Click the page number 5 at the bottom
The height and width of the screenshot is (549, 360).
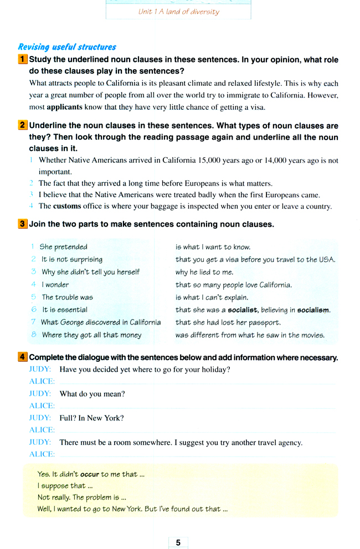[178, 542]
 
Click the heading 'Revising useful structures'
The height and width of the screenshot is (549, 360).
[67, 47]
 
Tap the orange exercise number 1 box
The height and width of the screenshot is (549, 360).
[22, 59]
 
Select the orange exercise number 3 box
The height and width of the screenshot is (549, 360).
[22, 224]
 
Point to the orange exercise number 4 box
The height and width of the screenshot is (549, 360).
[22, 357]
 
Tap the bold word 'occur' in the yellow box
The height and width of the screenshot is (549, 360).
[90, 474]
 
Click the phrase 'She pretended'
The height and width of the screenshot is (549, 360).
[63, 247]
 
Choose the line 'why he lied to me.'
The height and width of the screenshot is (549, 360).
[204, 272]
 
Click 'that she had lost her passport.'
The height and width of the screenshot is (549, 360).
[228, 322]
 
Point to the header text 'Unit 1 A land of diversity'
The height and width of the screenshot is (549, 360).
[178, 11]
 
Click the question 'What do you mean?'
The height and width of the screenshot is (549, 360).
[92, 393]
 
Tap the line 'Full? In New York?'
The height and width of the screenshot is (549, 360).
[91, 418]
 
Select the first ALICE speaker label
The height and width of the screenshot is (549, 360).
[42, 382]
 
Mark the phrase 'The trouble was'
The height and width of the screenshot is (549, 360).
[67, 297]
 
